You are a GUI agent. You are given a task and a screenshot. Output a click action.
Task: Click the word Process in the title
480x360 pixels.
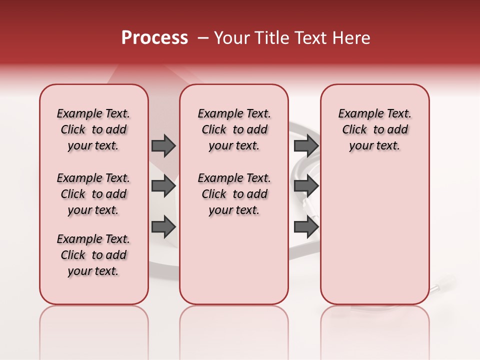[x=154, y=38]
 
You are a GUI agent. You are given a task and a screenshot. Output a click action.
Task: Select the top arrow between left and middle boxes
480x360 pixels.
[x=163, y=145]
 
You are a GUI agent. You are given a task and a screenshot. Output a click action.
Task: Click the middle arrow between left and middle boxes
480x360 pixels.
[x=163, y=186]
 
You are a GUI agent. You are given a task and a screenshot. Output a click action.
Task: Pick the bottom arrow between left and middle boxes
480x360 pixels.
[x=163, y=226]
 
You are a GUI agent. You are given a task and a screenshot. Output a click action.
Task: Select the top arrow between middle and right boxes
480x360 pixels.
[x=306, y=145]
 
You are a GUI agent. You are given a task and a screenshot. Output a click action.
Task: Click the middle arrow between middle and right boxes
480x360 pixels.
[x=306, y=186]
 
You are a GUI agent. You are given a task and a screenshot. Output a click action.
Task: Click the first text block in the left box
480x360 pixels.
[x=93, y=129]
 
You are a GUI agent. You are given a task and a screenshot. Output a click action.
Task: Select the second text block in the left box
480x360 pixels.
[x=93, y=194]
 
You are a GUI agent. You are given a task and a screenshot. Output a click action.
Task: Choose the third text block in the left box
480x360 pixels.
[x=93, y=255]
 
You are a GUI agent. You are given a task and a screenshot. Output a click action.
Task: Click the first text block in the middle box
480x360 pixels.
[x=234, y=129]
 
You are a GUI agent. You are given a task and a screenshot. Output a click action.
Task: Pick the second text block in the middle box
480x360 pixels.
[x=234, y=194]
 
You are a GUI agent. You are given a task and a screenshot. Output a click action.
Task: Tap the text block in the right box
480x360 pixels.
[x=375, y=129]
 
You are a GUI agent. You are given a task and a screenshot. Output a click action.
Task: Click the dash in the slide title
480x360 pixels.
[x=203, y=38]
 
